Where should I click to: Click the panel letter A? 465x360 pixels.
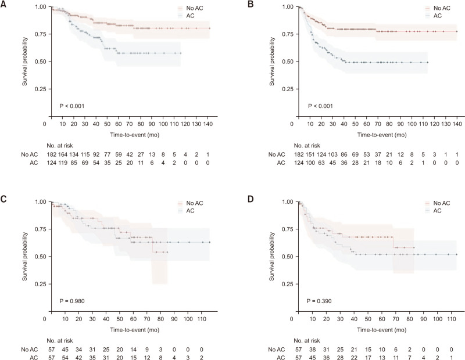coord(4,4)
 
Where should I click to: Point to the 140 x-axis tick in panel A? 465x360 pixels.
coord(209,124)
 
